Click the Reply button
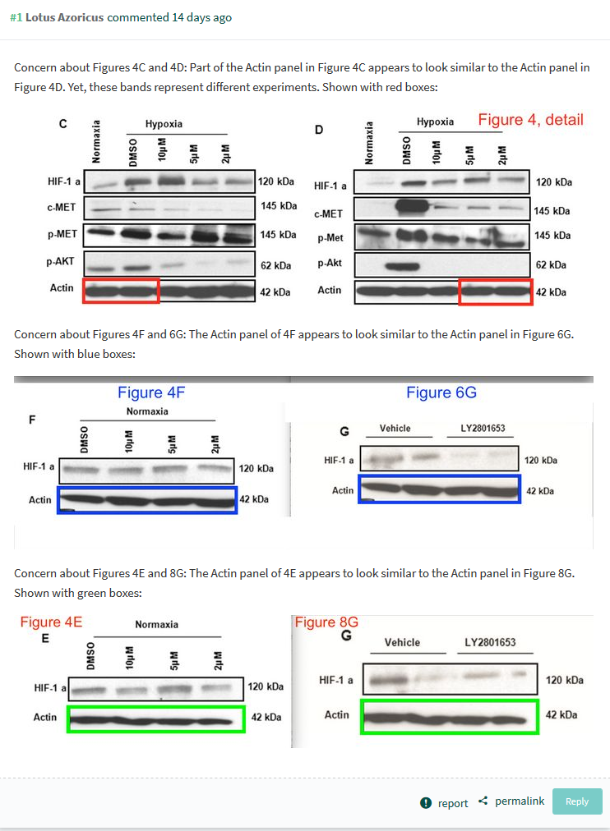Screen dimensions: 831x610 click(x=577, y=801)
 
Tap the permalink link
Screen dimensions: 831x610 click(x=520, y=801)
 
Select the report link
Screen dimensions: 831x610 click(x=452, y=803)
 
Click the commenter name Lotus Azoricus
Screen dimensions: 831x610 click(x=65, y=17)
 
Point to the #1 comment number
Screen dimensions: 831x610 click(x=16, y=17)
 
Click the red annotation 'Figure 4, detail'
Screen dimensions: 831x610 click(x=530, y=120)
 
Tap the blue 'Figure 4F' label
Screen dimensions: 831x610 click(x=151, y=393)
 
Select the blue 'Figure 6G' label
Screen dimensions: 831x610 click(x=441, y=393)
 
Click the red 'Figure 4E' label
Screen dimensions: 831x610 click(x=51, y=622)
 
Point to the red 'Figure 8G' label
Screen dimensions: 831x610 click(x=326, y=622)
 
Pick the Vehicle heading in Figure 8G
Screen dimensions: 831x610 click(x=402, y=642)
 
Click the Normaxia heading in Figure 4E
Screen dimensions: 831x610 click(x=156, y=625)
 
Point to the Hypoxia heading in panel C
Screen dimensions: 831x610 click(x=164, y=124)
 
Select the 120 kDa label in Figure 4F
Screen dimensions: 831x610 click(x=256, y=469)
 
